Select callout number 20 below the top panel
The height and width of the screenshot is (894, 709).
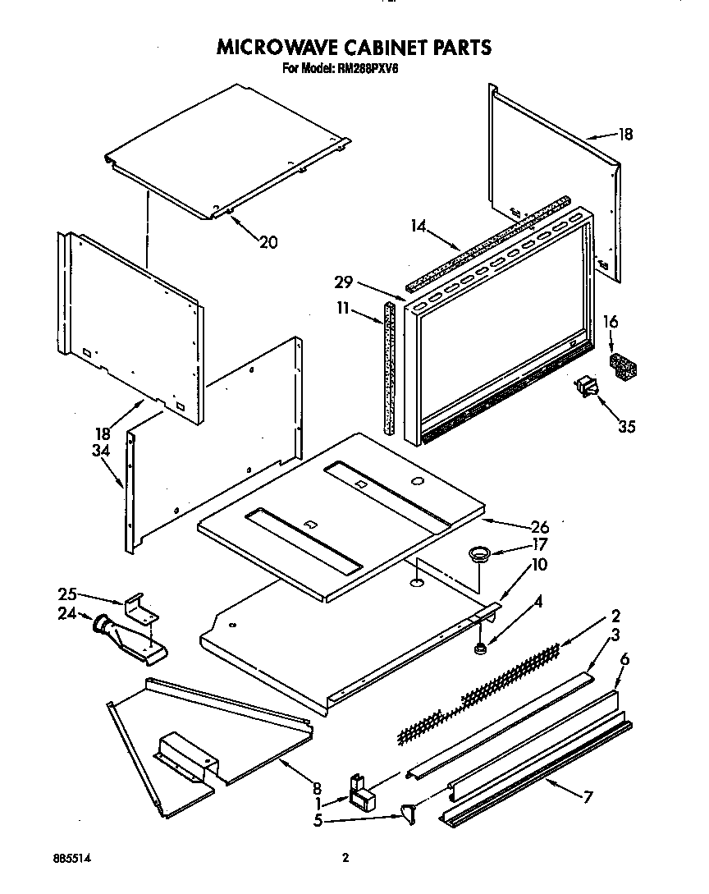[x=268, y=242]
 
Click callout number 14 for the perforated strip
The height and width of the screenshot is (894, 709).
[x=418, y=226]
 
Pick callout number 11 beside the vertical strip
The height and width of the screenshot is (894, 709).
[x=343, y=309]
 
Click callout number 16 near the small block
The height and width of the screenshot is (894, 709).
[x=611, y=322]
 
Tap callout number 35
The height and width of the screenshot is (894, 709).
[x=628, y=426]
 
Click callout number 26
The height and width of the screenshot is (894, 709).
[x=539, y=527]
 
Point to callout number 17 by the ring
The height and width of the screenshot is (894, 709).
[x=539, y=543]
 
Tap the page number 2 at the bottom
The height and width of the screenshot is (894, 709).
[x=345, y=858]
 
